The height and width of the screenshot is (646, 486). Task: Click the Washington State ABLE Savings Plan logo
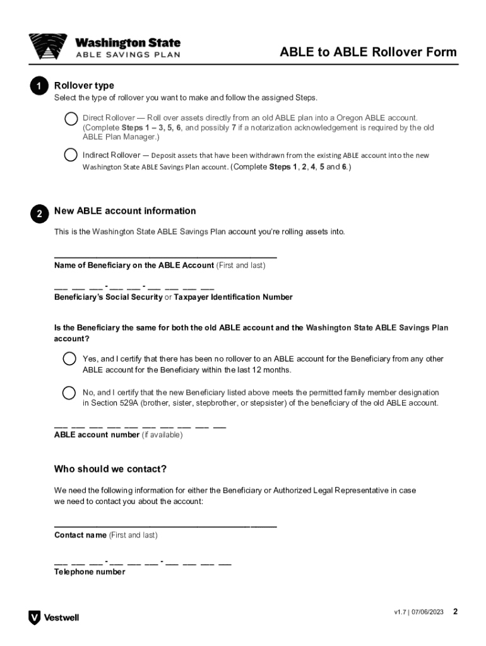click(105, 47)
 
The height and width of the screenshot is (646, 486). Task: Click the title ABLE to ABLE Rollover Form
click(368, 52)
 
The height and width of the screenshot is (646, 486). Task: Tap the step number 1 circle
click(39, 86)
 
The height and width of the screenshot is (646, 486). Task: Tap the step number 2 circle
click(39, 214)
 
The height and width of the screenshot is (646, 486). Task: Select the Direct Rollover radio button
click(70, 119)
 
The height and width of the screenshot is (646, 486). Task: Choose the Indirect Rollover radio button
click(70, 155)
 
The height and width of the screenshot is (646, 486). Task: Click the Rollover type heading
click(84, 86)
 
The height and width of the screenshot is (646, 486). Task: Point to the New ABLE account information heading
click(125, 211)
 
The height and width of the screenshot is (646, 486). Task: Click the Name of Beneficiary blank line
click(165, 256)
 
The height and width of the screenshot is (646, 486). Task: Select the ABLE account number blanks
click(140, 426)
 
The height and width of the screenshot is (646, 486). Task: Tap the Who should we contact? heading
click(110, 469)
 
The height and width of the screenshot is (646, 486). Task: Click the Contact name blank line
click(165, 525)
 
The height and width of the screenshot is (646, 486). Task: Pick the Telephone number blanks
click(143, 561)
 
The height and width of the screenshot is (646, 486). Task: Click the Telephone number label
click(90, 572)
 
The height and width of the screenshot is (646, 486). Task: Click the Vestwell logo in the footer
click(54, 618)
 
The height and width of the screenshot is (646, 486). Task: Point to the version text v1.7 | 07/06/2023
click(418, 613)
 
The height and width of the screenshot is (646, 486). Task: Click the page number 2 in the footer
click(455, 612)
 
